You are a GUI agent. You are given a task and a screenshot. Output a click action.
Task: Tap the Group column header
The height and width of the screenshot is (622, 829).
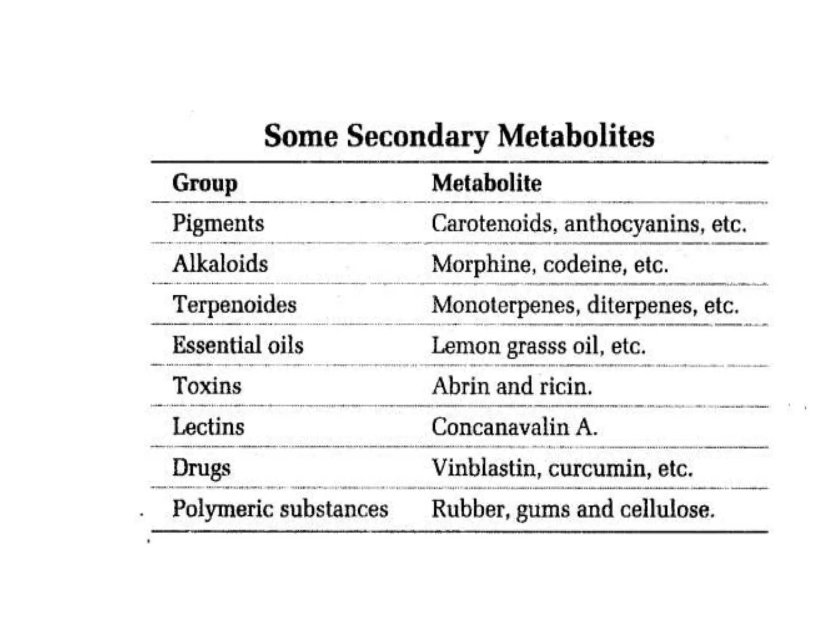(205, 183)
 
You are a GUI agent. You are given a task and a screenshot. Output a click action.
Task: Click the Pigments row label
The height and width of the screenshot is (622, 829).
(218, 224)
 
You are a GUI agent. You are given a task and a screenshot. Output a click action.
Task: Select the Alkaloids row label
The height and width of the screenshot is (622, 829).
(220, 264)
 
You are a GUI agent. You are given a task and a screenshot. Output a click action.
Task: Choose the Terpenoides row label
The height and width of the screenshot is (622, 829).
(234, 305)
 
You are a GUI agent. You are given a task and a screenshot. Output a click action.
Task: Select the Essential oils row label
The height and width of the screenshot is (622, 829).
(238, 345)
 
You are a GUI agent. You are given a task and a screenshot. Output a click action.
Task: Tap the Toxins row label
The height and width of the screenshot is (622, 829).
(207, 386)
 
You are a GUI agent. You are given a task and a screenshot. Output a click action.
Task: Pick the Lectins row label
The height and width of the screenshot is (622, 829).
(208, 427)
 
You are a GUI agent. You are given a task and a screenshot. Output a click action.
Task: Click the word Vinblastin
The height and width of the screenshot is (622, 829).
(484, 468)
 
